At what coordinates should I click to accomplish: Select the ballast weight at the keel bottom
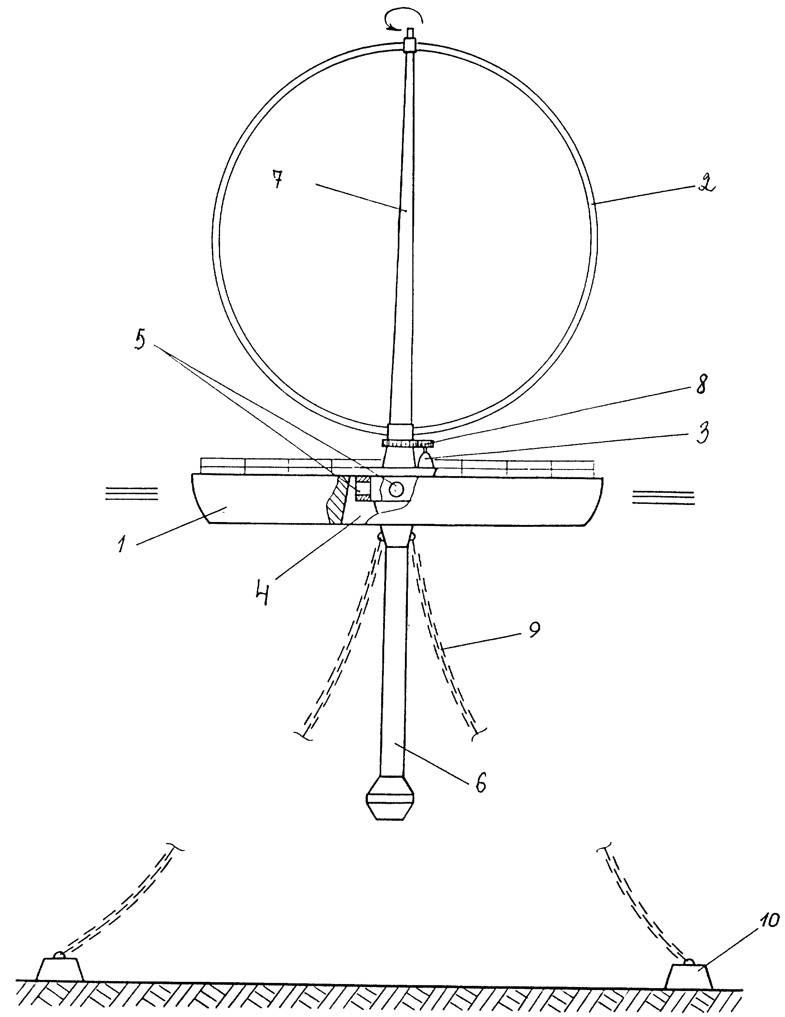click(390, 804)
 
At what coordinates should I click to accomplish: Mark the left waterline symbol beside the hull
click(132, 493)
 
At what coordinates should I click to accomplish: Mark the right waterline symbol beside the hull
click(663, 497)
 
